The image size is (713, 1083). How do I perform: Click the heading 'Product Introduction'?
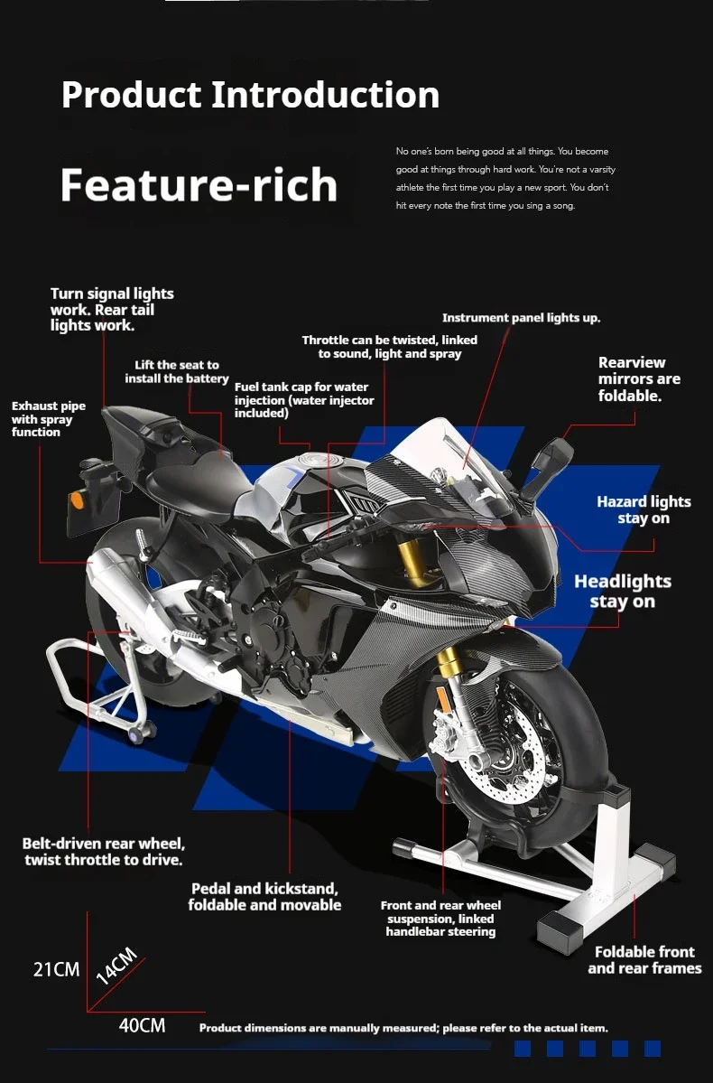point(251,95)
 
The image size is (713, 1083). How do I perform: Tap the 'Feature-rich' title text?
point(199,184)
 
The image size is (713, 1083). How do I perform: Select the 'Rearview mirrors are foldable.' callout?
point(639,379)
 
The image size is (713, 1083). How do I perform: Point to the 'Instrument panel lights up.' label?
point(521,318)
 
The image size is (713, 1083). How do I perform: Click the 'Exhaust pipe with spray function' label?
point(49,418)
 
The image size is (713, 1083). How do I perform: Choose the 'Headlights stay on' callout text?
point(623,592)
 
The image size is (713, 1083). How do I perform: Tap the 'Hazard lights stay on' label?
point(644,509)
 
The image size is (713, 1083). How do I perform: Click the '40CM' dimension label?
point(143,1025)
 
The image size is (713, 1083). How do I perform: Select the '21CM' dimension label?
point(57,970)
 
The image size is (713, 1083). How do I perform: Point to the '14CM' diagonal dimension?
point(116,966)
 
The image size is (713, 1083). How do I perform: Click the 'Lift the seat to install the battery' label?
point(177,371)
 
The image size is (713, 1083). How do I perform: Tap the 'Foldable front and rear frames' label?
point(644,960)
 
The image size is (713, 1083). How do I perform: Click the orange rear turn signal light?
point(78,499)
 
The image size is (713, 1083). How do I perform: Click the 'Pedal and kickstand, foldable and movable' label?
point(265,897)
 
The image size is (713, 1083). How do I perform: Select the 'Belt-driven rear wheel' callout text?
point(104,844)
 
